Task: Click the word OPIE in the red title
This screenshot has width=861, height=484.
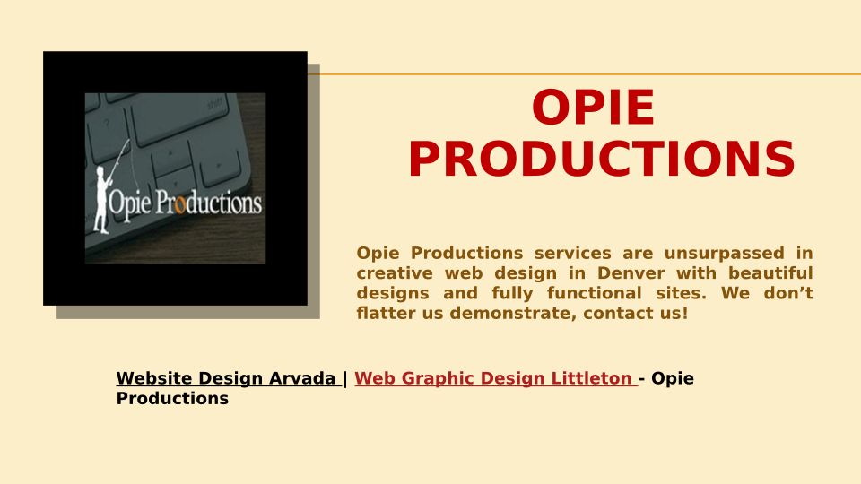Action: [x=593, y=108]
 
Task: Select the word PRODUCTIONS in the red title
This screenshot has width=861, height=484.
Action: [x=602, y=159]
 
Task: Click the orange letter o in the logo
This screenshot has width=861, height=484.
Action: [x=179, y=204]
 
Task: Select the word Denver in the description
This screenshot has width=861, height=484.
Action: [x=631, y=272]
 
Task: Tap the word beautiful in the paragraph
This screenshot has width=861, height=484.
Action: [x=770, y=272]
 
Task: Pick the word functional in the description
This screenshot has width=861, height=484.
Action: [x=594, y=293]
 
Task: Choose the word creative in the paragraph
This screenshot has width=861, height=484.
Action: [x=394, y=272]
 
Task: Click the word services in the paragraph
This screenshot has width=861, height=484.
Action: [x=573, y=253]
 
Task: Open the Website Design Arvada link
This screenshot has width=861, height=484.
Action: [x=226, y=378]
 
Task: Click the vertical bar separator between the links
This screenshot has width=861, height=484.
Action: [x=344, y=378]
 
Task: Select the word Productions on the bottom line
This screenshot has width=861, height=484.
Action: [x=172, y=398]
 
